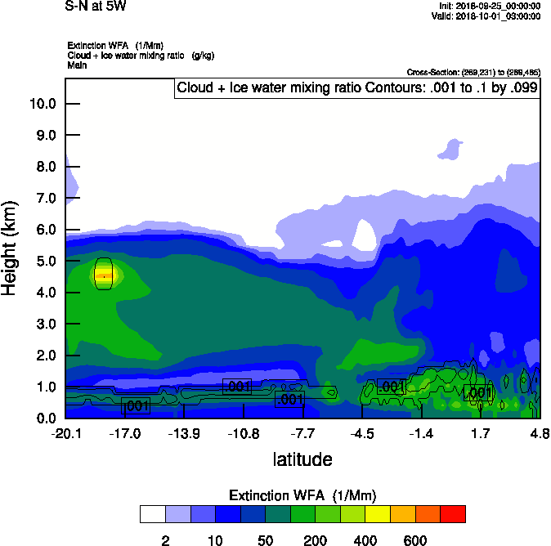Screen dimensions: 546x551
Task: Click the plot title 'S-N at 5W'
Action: pos(95,7)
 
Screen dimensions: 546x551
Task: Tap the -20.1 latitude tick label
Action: pos(65,433)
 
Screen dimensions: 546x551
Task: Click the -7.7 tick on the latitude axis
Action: pos(302,433)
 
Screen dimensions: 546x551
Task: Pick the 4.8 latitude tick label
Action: pos(539,433)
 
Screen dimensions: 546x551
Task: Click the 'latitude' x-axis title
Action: pos(302,459)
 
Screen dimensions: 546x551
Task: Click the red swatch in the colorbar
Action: pos(453,514)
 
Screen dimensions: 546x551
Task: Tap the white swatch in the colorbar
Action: pos(153,514)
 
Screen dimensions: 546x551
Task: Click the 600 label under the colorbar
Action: pos(415,540)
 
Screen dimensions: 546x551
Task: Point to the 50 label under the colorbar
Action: pos(265,540)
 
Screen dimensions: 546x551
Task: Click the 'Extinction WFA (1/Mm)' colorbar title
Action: pos(302,495)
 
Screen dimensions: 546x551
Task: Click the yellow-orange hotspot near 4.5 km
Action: pos(104,275)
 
